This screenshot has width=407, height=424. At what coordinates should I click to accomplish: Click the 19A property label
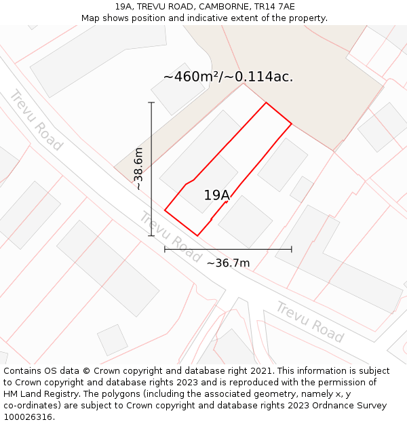[x=217, y=195]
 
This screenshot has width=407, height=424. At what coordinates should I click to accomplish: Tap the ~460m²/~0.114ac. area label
[x=228, y=77]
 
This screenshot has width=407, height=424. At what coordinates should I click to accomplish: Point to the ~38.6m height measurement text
[x=138, y=168]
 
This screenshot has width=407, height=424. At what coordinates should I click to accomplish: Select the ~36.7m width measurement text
[x=228, y=263]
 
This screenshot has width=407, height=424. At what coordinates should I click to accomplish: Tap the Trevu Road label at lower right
[x=310, y=322]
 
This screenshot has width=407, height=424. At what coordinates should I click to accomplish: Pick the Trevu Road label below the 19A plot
[x=170, y=237]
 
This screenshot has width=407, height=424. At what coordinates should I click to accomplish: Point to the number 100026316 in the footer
[x=28, y=417]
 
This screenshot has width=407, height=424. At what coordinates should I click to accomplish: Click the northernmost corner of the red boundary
[x=265, y=103]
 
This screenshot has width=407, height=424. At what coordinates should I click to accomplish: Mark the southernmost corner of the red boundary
[x=197, y=235]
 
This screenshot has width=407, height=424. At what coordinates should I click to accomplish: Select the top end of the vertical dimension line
[x=151, y=102]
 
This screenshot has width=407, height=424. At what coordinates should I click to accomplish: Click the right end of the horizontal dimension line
[x=292, y=249]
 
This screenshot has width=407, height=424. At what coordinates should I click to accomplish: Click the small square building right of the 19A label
[x=245, y=221]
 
